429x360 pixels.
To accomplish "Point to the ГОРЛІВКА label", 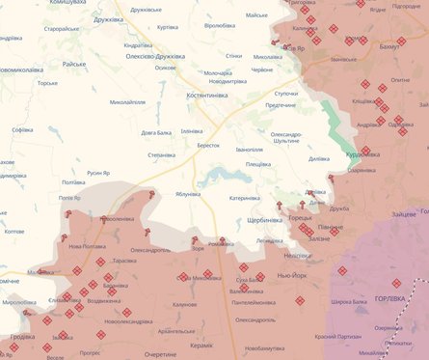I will [395, 297].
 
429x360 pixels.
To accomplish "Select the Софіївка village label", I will [23, 129].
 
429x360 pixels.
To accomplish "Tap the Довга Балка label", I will [157, 132].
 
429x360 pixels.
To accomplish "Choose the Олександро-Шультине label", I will [287, 137].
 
